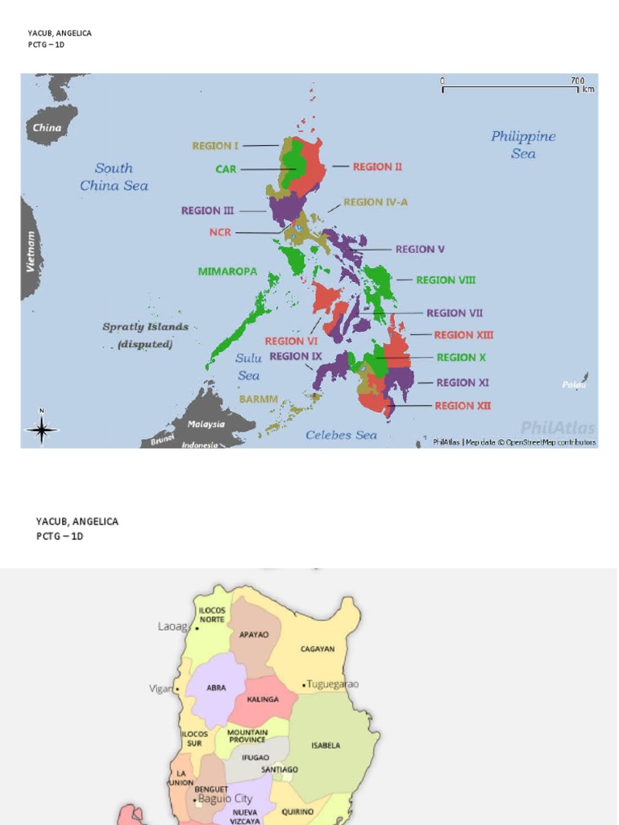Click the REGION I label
click(215, 146)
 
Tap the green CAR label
click(226, 169)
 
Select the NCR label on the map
click(220, 233)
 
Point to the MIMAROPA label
click(227, 272)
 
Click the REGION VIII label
click(446, 280)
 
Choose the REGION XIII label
click(463, 335)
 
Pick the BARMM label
click(258, 399)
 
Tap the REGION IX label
click(296, 356)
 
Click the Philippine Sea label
click(523, 145)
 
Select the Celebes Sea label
click(341, 435)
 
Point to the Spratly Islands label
click(145, 327)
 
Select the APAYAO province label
click(254, 635)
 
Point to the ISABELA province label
click(326, 745)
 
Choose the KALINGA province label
click(262, 699)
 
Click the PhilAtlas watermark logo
click(558, 428)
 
